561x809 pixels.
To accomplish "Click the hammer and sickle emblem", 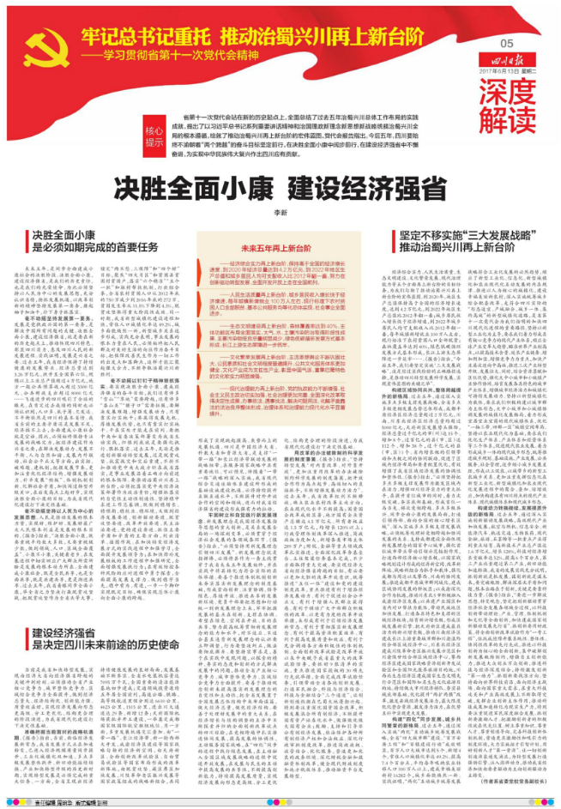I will tap(34, 45).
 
